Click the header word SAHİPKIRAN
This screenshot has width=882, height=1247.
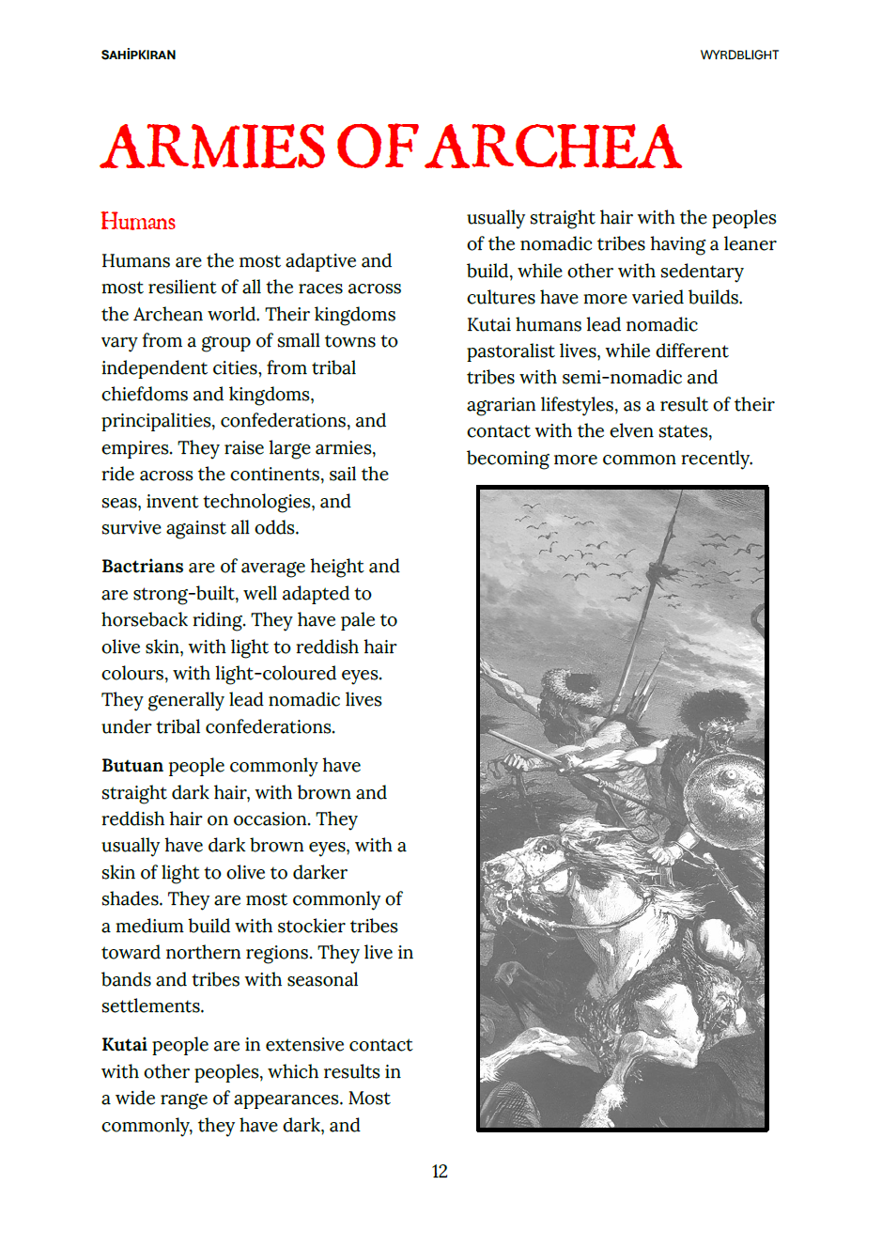tap(138, 55)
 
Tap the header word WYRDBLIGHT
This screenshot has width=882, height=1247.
tap(739, 55)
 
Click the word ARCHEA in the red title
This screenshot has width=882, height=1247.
tap(556, 148)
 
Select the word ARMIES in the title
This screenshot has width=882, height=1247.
tap(213, 148)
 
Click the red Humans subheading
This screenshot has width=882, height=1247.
tap(138, 223)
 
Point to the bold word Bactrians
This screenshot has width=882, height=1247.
tap(142, 567)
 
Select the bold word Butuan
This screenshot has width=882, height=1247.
tap(132, 766)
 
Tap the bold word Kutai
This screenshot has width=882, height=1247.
tap(124, 1045)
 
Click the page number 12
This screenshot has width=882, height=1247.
tap(440, 1172)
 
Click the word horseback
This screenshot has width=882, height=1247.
tap(145, 620)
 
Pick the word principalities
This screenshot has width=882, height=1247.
tap(158, 421)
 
